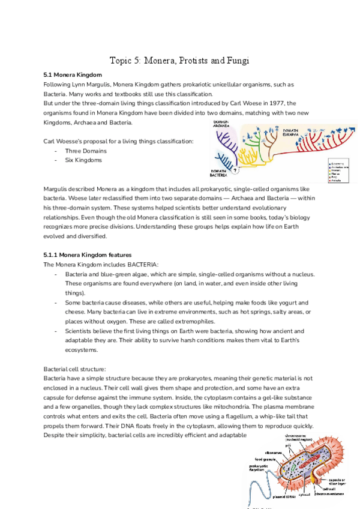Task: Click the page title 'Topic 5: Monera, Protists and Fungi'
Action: pos(179,61)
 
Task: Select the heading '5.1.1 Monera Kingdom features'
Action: pos(88,254)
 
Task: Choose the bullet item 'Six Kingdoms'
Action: pos(83,160)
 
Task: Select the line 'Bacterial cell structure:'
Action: pos(75,368)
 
